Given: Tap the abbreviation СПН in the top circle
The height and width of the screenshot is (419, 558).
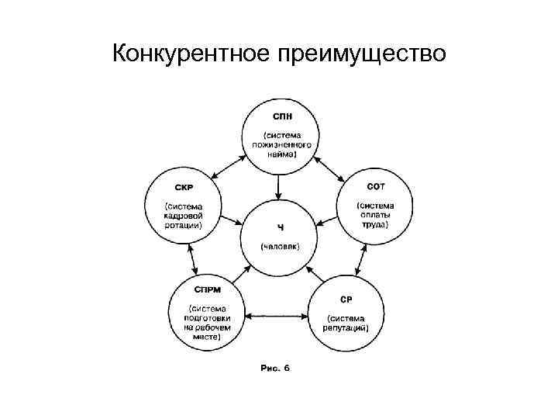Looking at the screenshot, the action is [281, 116].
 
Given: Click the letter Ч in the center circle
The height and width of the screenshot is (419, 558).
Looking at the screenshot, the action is [280, 227].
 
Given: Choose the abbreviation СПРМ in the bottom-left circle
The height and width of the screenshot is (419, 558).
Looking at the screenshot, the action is [208, 289].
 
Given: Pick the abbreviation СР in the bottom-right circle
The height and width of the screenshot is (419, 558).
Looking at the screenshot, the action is [347, 298].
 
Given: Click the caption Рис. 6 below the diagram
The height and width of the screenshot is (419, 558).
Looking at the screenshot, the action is [275, 368].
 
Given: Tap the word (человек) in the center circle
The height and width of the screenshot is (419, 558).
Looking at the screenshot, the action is [280, 246].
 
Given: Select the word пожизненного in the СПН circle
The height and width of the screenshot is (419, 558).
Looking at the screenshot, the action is [282, 144].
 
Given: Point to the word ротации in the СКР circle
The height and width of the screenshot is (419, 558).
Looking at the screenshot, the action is [183, 226].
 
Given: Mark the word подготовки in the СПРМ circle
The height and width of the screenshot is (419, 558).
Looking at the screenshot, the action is [206, 318].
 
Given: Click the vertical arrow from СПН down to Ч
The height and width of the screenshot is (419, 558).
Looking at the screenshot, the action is [280, 182].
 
